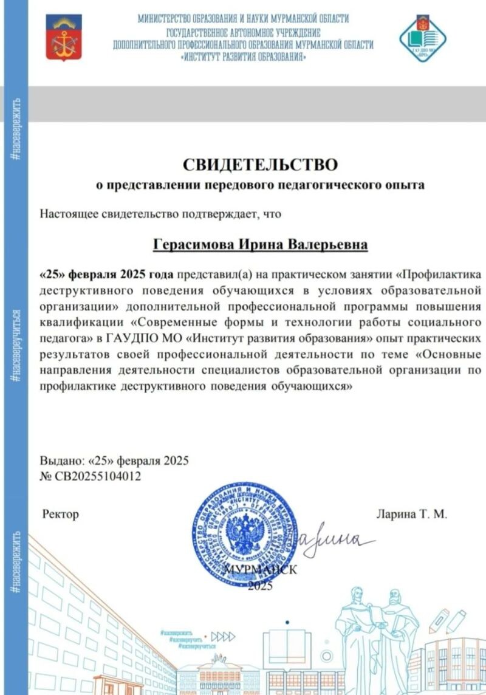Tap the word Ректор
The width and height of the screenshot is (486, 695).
click(x=61, y=515)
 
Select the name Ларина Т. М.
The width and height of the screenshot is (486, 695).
click(x=412, y=515)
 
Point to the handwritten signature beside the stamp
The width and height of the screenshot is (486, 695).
click(x=334, y=538)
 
